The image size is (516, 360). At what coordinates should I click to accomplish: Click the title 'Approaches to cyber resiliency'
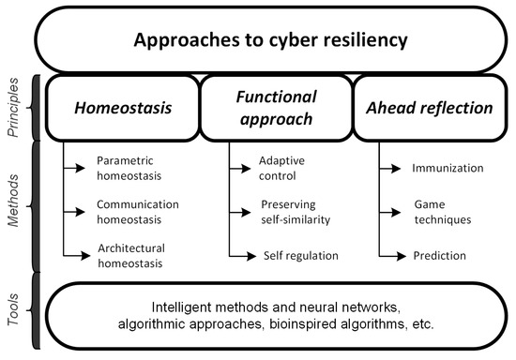coord(270,40)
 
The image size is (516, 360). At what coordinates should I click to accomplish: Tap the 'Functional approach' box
coord(274,108)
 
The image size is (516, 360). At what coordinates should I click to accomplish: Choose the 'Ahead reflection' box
coord(428,108)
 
